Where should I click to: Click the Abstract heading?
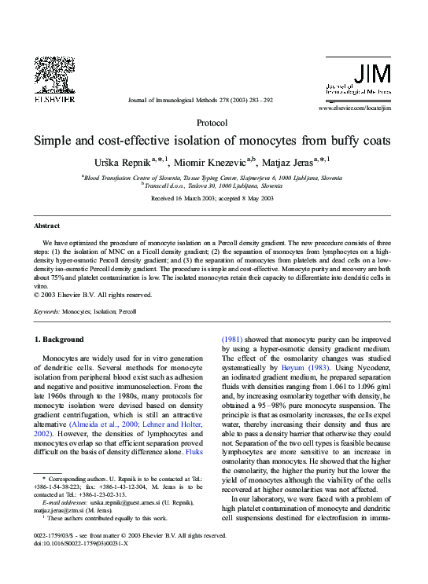(46, 226)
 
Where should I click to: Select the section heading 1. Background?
(59, 340)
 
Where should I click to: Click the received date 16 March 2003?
(188, 199)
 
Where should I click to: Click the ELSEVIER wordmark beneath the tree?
(53, 101)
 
